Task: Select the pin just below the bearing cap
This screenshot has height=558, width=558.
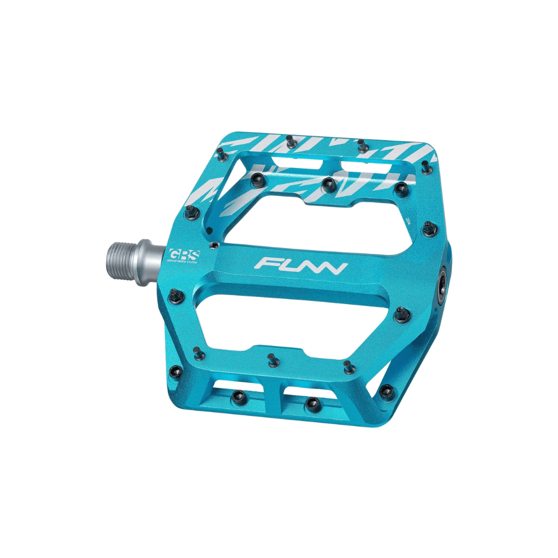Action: click(x=400, y=315)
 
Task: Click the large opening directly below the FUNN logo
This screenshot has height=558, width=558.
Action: click(x=290, y=315)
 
